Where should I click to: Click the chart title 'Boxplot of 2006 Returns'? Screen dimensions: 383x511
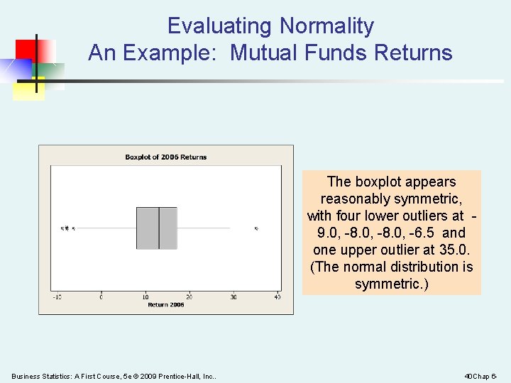165,157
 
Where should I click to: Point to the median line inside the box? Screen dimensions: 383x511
158,228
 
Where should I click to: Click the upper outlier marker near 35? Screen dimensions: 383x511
256,228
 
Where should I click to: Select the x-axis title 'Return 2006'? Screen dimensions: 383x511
165,304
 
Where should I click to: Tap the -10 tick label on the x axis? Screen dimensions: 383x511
56,296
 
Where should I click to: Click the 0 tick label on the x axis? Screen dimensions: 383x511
101,296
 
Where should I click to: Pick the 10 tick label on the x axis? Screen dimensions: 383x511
145,296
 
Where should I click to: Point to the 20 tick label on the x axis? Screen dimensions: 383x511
189,296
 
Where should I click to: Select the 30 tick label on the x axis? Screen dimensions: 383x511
233,296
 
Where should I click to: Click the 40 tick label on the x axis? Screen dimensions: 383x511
277,296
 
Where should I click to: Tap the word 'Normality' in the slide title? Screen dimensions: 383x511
326,26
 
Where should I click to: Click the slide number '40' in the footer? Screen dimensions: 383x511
468,375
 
